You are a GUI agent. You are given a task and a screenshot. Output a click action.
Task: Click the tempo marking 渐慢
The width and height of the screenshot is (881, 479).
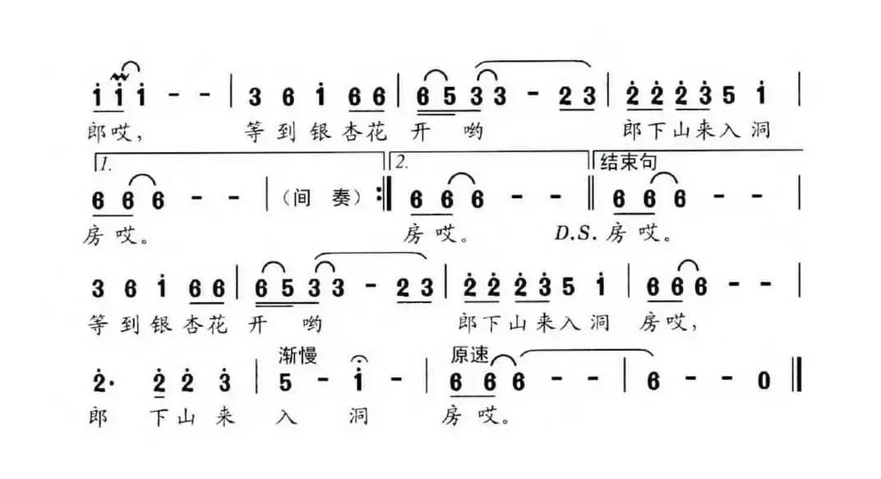click(x=298, y=356)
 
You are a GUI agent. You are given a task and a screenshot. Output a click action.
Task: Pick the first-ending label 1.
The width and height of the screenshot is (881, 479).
click(x=105, y=163)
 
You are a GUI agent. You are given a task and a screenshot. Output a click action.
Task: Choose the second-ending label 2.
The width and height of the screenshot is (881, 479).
click(x=401, y=163)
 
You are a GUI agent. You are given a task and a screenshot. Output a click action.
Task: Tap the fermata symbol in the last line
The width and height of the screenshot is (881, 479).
click(x=358, y=360)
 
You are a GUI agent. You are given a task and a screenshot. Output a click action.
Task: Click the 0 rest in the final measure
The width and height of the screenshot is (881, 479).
click(x=764, y=382)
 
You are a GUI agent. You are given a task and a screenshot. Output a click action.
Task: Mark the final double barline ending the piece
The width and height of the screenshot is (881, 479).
click(x=798, y=382)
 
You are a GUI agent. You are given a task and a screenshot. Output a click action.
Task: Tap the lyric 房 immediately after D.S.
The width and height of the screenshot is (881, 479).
click(x=617, y=234)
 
